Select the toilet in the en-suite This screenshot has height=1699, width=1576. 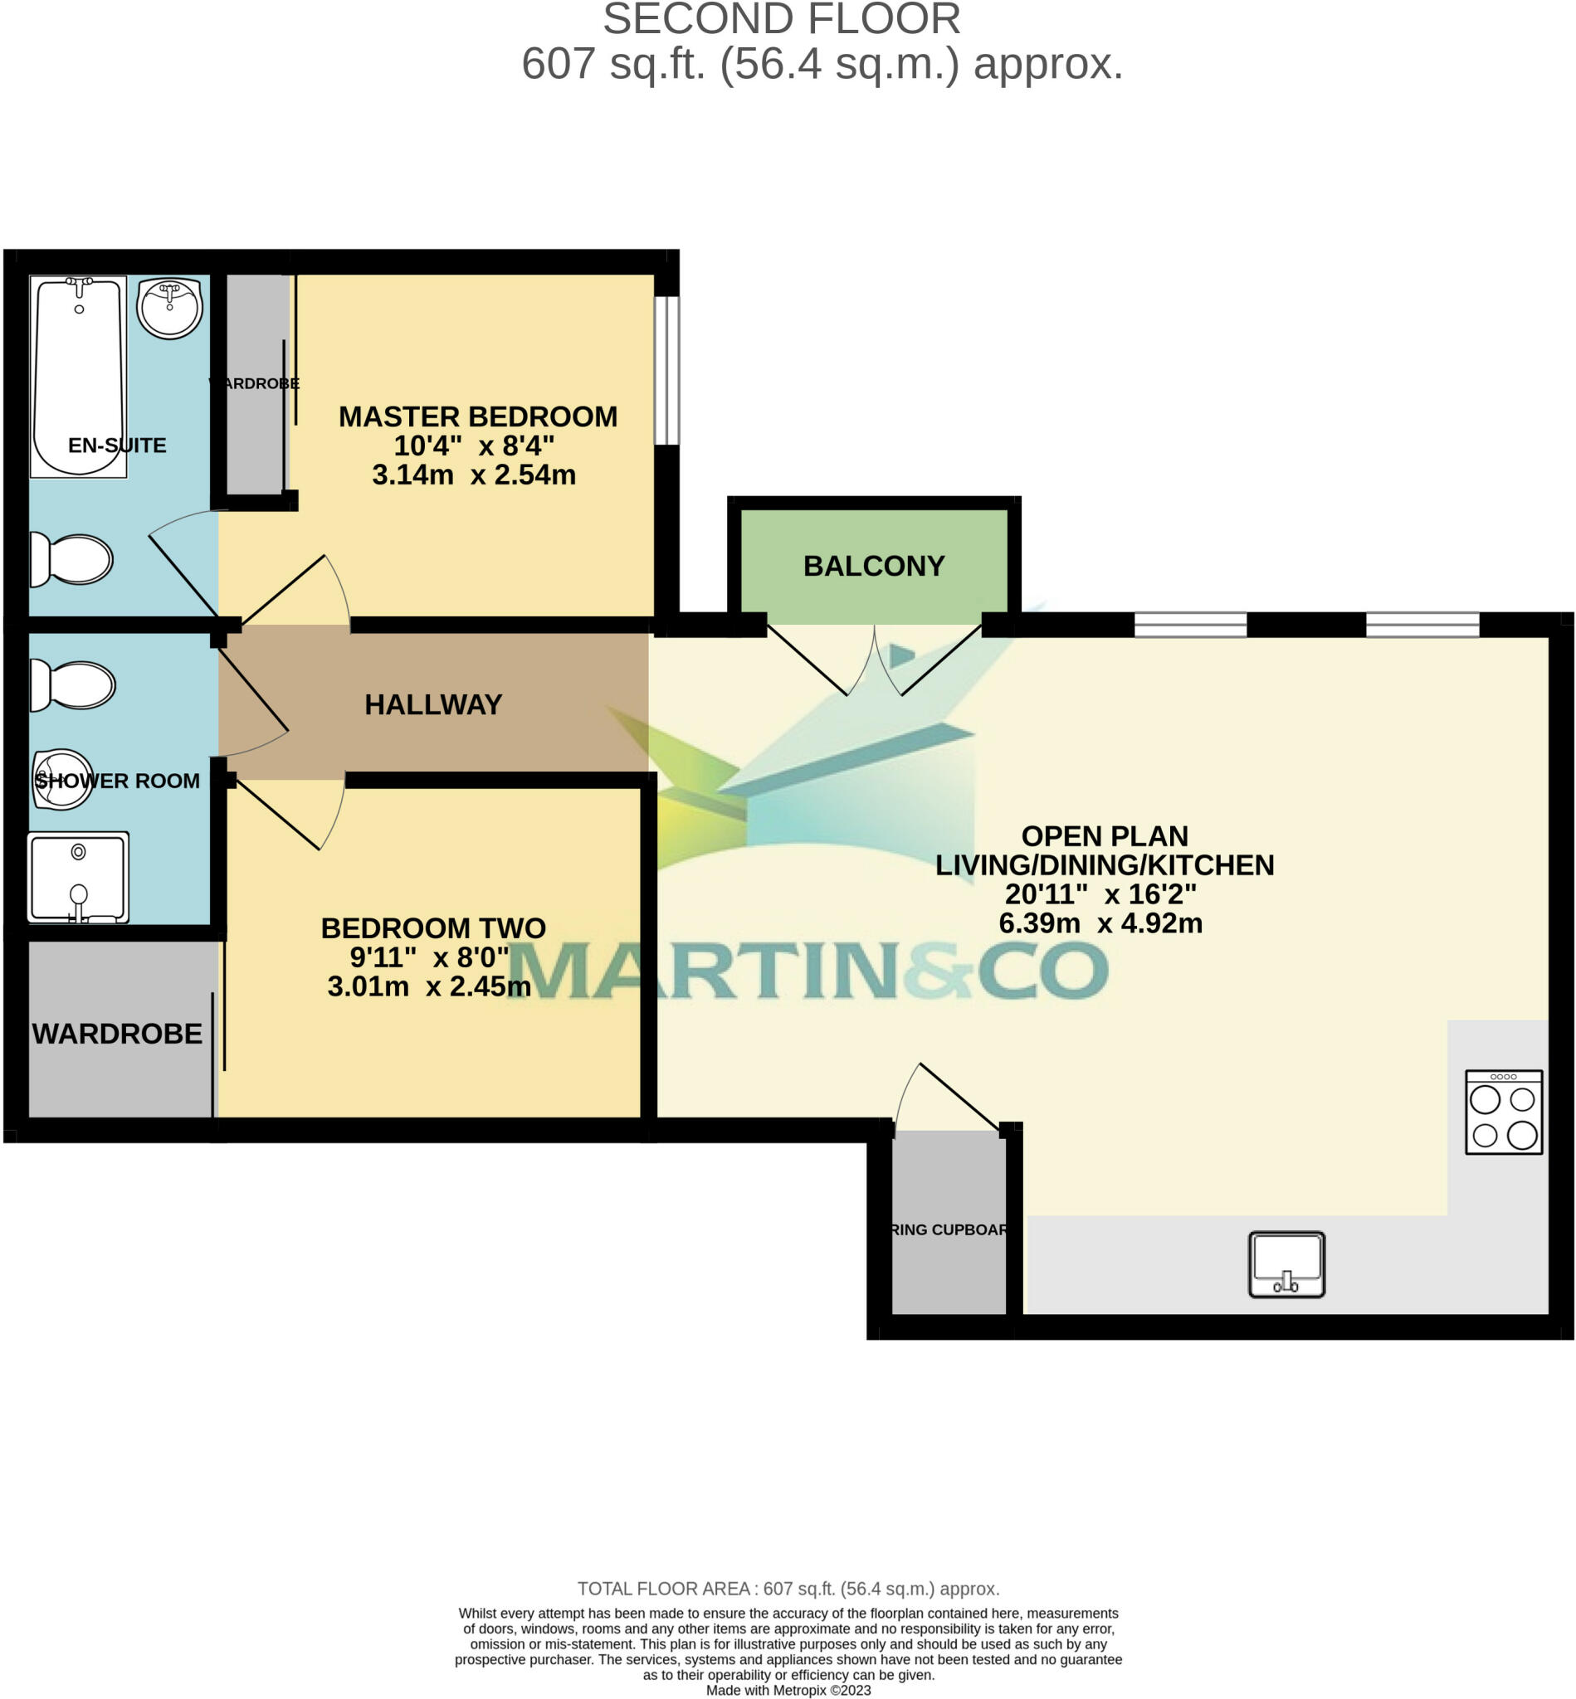click(x=72, y=560)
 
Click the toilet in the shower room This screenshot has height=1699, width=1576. click(x=74, y=685)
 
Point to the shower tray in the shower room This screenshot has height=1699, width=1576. click(x=78, y=877)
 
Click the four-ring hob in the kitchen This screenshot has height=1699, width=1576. click(x=1504, y=1112)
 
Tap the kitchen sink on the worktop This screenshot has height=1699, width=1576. click(x=1286, y=1263)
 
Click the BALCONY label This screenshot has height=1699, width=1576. click(x=873, y=566)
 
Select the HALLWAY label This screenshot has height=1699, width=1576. click(x=433, y=704)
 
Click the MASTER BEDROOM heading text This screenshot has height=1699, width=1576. click(x=477, y=416)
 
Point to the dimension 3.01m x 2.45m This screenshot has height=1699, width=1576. click(x=429, y=986)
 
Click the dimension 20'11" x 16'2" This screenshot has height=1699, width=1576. click(x=1100, y=894)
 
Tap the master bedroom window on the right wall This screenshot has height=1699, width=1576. click(x=667, y=370)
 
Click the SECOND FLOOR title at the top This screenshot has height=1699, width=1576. click(x=781, y=20)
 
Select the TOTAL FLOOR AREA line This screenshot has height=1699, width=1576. click(x=788, y=1589)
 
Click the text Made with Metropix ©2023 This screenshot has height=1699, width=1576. click(x=788, y=1691)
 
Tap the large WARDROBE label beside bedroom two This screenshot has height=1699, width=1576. click(x=117, y=1034)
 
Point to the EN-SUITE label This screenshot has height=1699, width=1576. click(x=117, y=445)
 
